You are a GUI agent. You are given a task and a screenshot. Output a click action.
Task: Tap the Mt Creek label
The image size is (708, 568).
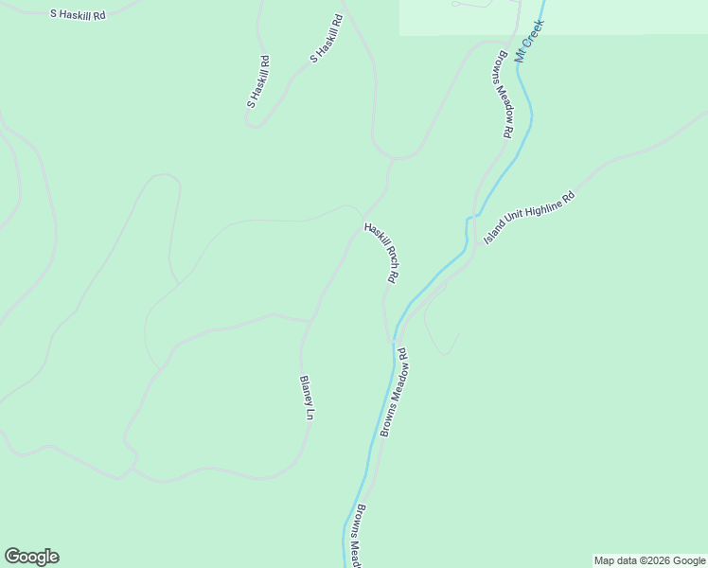(x=531, y=40)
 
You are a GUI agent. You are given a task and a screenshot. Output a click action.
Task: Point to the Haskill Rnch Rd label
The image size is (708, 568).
(x=383, y=253)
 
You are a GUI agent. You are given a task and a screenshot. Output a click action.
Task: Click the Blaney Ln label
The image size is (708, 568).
(x=307, y=397)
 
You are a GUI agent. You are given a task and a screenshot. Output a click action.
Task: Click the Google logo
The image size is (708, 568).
(x=31, y=557)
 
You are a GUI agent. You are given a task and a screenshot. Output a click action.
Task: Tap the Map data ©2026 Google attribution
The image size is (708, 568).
(x=650, y=560)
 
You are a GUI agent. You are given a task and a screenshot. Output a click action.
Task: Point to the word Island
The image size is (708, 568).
(x=494, y=234)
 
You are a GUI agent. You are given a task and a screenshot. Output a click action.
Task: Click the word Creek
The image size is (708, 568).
(x=535, y=31)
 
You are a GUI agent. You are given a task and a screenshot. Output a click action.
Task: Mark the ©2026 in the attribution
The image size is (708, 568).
(x=639, y=560)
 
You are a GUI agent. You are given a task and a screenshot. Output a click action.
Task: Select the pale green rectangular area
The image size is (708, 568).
(x=554, y=17)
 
